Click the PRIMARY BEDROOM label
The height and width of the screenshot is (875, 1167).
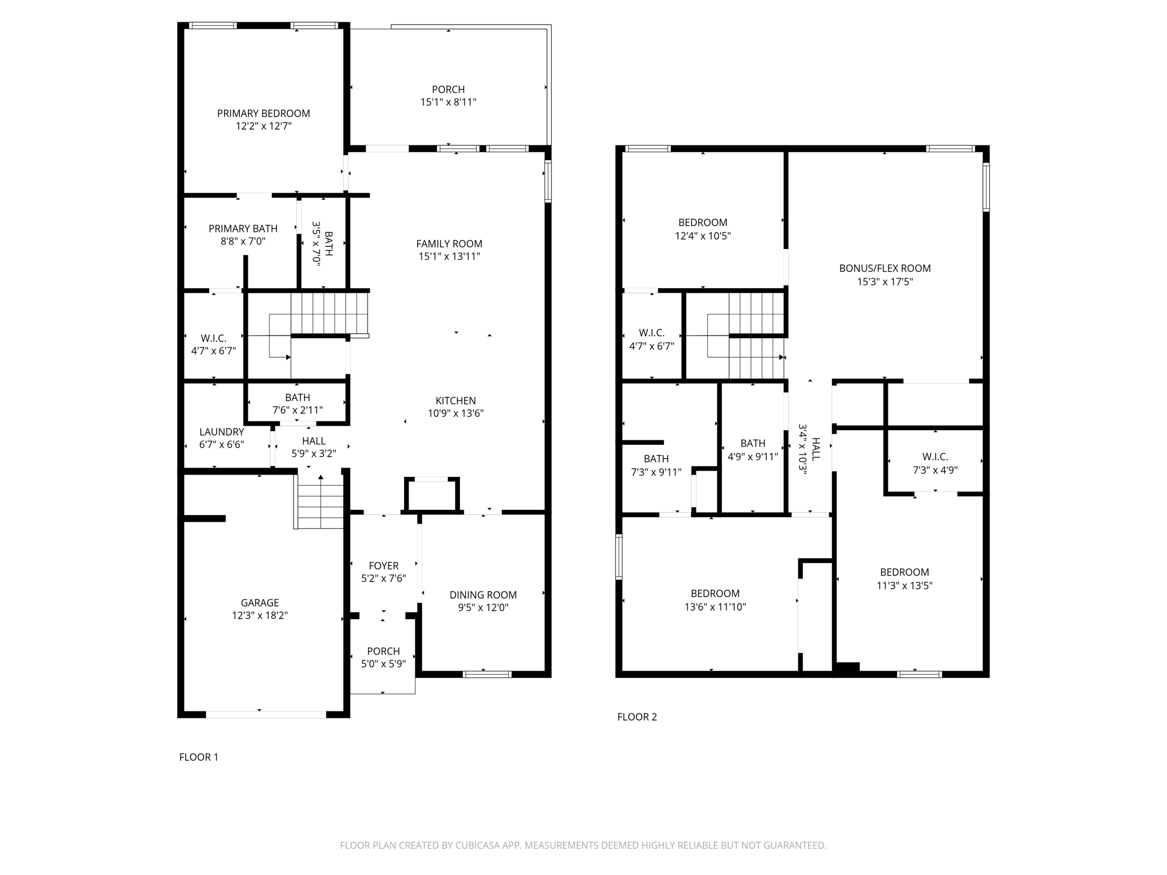[263, 113]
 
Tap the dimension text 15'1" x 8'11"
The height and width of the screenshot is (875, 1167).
[448, 103]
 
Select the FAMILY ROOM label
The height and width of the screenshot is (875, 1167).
[449, 244]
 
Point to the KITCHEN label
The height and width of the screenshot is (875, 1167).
[455, 400]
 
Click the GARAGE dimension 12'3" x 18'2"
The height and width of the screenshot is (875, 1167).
[260, 616]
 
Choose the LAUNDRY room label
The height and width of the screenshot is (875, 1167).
[222, 432]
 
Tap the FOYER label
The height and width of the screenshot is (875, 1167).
[383, 566]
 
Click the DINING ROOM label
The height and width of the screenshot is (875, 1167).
[483, 595]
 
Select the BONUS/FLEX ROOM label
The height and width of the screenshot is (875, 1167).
[884, 268]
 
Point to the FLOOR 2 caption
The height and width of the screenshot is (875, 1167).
[637, 717]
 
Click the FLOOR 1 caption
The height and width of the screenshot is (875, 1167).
[198, 757]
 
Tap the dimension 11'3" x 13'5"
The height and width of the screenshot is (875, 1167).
[904, 586]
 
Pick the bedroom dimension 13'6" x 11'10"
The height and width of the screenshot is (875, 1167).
[715, 607]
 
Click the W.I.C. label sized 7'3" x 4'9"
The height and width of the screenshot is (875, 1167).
[935, 457]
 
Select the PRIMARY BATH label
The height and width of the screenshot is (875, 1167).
[243, 228]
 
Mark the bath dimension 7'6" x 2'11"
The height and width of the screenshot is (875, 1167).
[297, 410]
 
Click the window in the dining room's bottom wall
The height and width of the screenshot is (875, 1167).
[487, 674]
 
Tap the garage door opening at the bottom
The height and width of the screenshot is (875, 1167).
[266, 714]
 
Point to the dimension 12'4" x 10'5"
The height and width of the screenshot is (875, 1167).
[703, 236]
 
